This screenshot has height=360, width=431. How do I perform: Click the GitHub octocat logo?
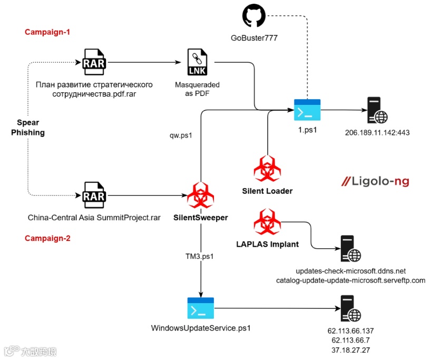(x=254, y=16)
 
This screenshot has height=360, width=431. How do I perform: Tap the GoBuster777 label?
(x=254, y=38)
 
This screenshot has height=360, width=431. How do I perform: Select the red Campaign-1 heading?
(x=47, y=32)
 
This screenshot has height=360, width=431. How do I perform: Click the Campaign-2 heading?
(x=47, y=238)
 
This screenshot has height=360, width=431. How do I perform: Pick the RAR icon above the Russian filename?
(x=94, y=62)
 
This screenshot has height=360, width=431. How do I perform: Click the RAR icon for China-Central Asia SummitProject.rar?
(x=94, y=195)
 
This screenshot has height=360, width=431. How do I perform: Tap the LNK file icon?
(x=197, y=62)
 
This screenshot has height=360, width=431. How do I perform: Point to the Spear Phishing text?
(x=28, y=128)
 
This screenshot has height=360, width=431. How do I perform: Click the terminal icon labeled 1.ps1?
(x=307, y=110)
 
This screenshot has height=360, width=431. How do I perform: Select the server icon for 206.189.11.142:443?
(x=377, y=110)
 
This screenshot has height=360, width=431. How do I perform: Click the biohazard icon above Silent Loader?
(x=267, y=168)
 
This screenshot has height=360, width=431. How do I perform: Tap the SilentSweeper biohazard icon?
(x=201, y=194)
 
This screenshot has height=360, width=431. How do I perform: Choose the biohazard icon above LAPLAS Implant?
(x=267, y=222)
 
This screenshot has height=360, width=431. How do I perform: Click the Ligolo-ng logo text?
(x=375, y=181)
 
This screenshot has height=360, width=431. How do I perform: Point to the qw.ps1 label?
(x=181, y=135)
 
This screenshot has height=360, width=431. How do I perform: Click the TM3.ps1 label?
(x=200, y=256)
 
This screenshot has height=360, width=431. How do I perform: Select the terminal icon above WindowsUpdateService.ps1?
(x=201, y=308)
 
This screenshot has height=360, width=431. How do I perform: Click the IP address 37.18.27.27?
(x=351, y=350)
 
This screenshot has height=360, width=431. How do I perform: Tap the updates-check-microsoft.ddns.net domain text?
(x=351, y=271)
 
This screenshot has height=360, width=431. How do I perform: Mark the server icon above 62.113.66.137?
(x=351, y=308)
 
